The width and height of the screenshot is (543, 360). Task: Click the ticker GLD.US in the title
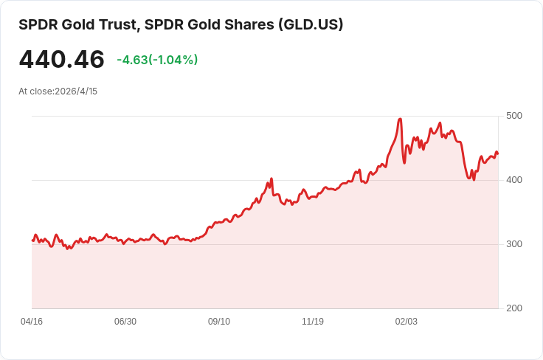(311, 24)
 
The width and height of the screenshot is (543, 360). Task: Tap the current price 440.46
(62, 59)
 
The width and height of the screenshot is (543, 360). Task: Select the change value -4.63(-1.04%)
(157, 60)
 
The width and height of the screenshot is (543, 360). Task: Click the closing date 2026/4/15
(76, 91)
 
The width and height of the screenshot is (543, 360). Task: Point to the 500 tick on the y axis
(514, 116)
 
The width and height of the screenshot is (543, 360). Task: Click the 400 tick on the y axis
(514, 180)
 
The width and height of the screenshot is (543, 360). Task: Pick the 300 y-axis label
(514, 244)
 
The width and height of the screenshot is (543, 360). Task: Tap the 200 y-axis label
(514, 308)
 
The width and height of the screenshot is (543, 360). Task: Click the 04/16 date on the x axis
(32, 322)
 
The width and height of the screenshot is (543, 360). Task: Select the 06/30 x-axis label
(125, 322)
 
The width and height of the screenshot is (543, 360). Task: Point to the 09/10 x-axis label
(219, 322)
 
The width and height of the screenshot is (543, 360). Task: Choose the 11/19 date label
(313, 322)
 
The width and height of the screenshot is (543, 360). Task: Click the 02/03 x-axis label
(407, 322)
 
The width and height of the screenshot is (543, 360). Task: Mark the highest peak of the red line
(401, 119)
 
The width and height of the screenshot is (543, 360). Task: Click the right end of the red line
(498, 153)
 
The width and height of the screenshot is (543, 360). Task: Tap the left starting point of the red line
(32, 240)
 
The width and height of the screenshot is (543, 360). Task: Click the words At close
(36, 91)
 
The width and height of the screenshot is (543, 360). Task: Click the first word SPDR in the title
(38, 24)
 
